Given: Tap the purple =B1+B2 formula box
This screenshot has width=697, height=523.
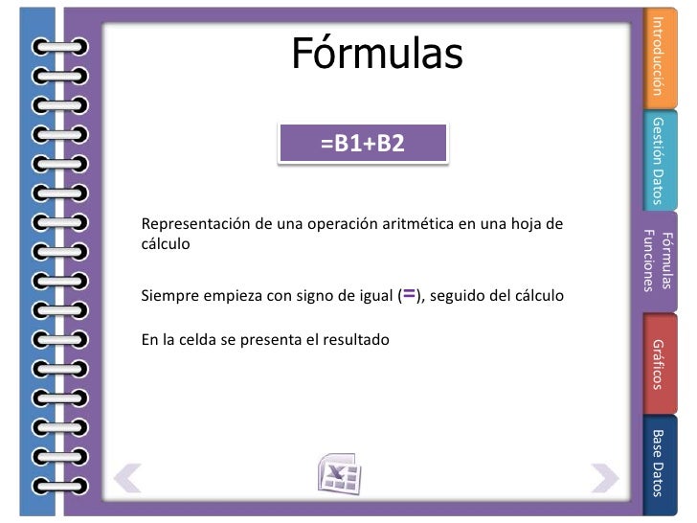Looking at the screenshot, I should coord(363,145).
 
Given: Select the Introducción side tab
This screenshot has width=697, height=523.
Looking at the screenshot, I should coord(658,56).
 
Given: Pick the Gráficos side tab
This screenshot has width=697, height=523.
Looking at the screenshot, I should coord(658,363).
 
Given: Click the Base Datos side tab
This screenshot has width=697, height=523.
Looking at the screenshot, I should coord(658,463).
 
